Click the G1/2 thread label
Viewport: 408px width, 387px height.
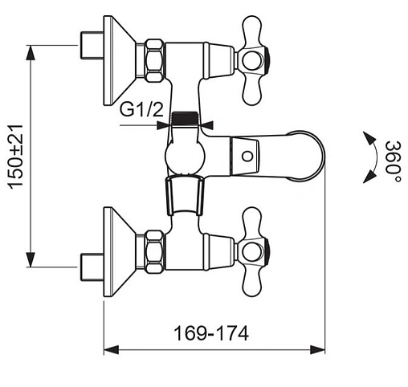tap(141, 109)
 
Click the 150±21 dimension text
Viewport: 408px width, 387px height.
tap(15, 157)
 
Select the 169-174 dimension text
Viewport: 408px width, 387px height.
tap(211, 333)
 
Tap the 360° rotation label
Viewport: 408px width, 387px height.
tap(394, 161)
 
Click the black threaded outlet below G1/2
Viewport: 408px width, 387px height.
tap(185, 119)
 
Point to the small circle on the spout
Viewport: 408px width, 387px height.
tap(247, 157)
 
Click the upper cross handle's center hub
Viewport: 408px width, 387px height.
tap(251, 60)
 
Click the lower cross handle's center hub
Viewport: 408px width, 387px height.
tap(251, 252)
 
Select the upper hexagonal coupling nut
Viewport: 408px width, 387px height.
tap(154, 60)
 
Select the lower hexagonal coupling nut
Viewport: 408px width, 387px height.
tap(154, 252)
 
